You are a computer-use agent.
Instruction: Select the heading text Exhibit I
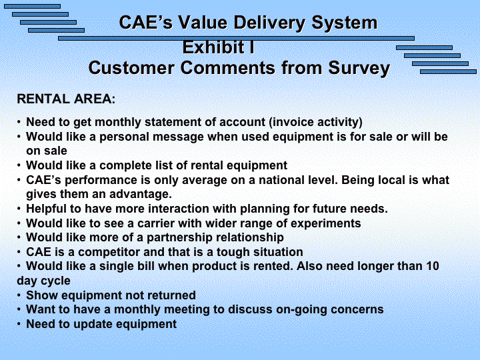219,47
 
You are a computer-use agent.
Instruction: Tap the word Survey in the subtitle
359,69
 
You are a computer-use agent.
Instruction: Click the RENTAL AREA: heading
66,99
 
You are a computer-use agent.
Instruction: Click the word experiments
326,224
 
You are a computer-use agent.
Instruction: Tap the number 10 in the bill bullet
433,266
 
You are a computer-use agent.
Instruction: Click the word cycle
59,281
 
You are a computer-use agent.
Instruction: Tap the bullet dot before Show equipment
19,295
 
